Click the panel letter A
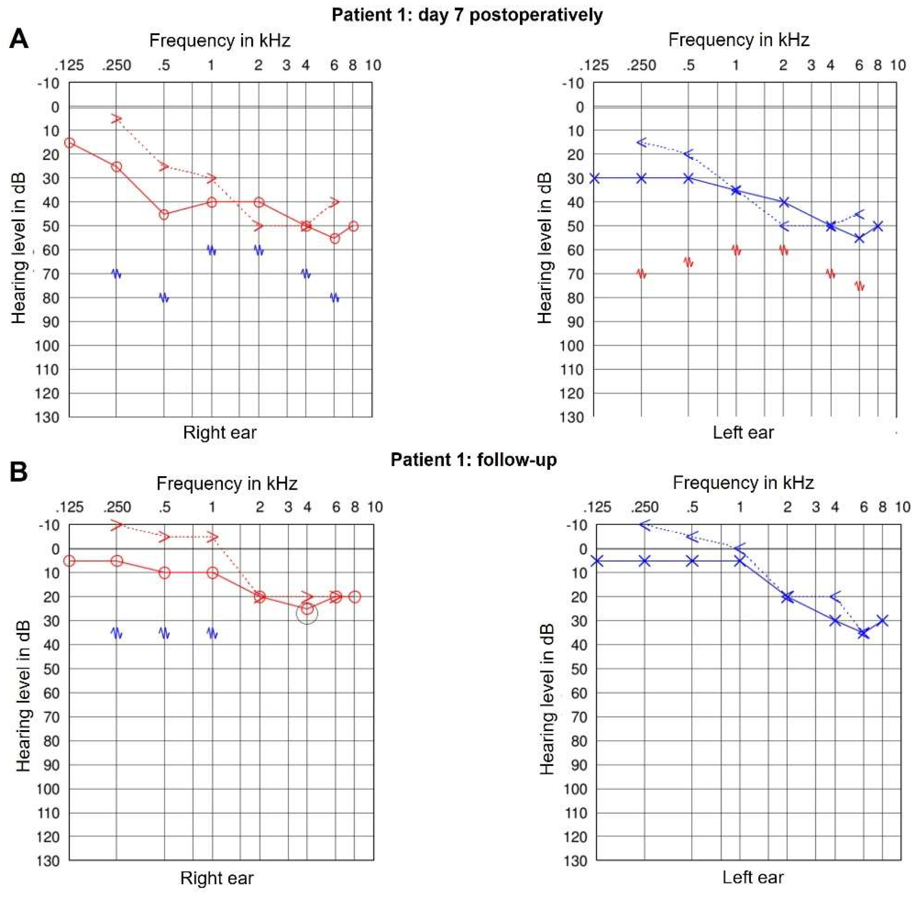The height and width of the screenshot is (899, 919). point(19,39)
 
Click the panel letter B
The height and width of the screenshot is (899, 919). point(19,471)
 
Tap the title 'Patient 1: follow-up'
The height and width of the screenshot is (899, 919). point(473,459)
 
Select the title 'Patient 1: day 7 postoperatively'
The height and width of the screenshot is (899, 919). point(467,15)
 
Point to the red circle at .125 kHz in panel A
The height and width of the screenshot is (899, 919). point(69,143)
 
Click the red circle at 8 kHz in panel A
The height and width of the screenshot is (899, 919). point(353,226)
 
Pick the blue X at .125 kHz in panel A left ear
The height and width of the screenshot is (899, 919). point(594,179)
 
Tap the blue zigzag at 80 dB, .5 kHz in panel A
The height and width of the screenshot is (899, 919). point(164,298)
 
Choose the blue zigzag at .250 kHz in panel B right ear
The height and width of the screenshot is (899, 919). point(117,633)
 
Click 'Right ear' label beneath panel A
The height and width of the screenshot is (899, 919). point(220,433)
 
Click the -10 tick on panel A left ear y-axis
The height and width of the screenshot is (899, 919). point(574,84)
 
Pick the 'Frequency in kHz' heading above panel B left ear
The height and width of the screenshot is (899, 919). point(743,483)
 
